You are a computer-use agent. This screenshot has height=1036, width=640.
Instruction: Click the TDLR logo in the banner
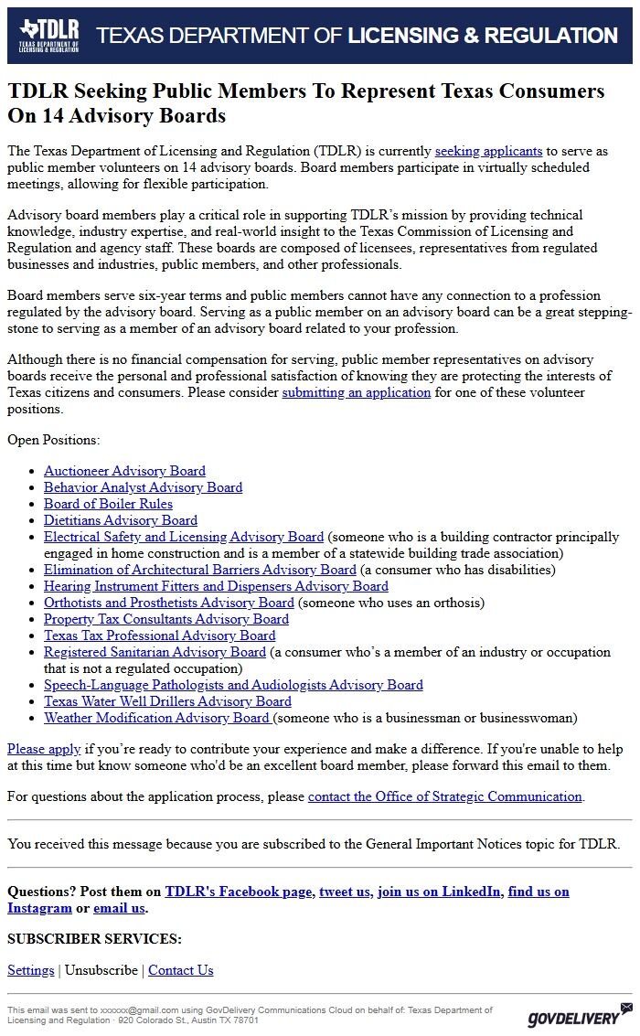coord(49,36)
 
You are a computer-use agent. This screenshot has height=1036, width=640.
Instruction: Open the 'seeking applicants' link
coord(488,151)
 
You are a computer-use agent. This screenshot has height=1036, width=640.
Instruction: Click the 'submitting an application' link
coord(356,392)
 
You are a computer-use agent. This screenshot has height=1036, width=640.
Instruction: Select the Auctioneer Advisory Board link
coord(124,471)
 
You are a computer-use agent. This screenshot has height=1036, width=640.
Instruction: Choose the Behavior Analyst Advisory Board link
coord(143,487)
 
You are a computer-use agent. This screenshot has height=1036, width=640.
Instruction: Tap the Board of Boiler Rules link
coord(108,504)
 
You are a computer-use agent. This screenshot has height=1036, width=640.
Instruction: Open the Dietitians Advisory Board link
coord(121,520)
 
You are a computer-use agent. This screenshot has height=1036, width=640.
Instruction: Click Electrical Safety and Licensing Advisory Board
coord(184,537)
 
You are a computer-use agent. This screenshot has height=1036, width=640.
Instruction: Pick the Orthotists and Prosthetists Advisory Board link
coord(169,603)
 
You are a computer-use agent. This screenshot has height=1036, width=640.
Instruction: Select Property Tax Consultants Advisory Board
coord(166,619)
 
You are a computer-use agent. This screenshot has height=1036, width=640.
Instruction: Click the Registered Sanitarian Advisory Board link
coord(155,652)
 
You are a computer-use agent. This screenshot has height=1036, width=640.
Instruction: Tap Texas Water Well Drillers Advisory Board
coord(167,701)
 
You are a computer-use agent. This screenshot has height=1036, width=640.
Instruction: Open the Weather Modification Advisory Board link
coord(156,718)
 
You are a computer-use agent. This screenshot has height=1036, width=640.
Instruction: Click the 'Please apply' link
coord(44,749)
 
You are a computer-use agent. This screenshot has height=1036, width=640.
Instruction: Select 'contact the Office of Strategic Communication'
coord(444,796)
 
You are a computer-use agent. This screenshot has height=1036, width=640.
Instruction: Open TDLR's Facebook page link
coord(238,892)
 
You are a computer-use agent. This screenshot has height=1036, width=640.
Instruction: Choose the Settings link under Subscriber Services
coord(31,970)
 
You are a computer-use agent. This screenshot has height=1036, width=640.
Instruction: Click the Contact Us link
coord(180,970)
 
